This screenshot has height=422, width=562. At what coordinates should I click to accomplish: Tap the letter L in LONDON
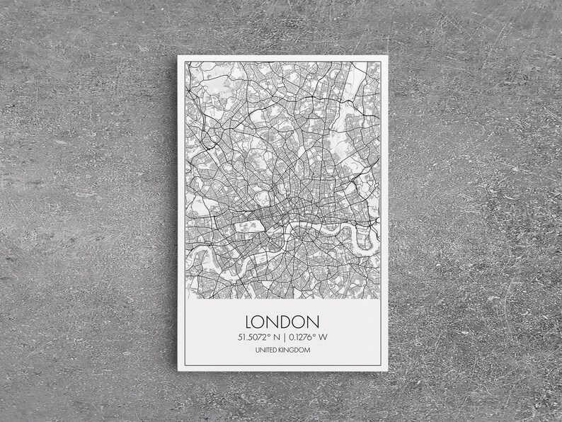pos(248,321)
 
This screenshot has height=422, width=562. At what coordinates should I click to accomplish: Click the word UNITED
pos(266,350)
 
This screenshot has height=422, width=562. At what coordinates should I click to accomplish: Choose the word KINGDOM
pos(293,350)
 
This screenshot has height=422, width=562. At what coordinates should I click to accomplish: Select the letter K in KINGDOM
pos(280,350)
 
